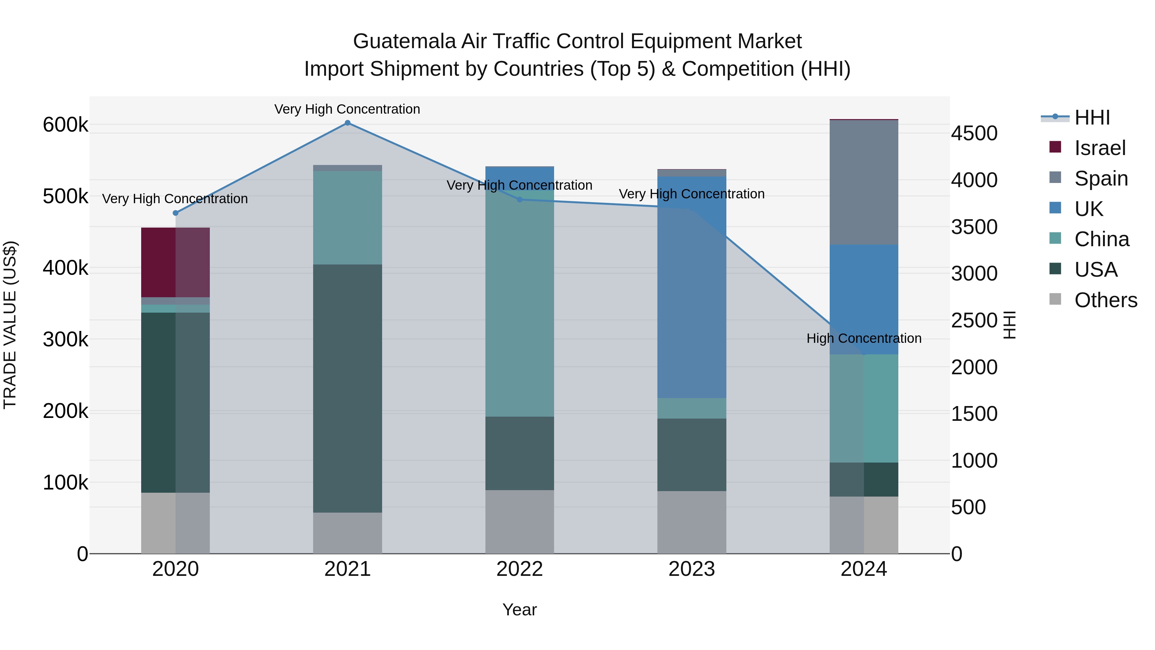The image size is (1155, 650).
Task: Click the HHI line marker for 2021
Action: coord(347,123)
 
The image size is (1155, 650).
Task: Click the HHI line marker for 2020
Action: coord(175,213)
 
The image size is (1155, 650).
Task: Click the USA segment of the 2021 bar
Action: coord(347,388)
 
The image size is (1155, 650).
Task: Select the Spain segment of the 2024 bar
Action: coord(864,182)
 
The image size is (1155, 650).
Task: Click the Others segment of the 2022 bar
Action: coord(520,521)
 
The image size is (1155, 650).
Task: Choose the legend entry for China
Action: coord(1101,239)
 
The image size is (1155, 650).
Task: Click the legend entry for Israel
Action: coord(1099,148)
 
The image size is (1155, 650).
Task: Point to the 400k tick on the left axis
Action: coord(65,268)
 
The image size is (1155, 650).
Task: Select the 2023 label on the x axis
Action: coord(692,569)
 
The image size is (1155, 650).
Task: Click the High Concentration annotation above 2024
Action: coord(864,338)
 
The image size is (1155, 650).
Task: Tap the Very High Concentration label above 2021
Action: coord(347,109)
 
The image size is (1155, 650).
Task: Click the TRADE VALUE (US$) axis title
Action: coord(10,325)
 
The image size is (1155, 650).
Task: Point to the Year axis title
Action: coord(520,610)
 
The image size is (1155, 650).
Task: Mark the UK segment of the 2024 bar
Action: coord(864,299)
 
